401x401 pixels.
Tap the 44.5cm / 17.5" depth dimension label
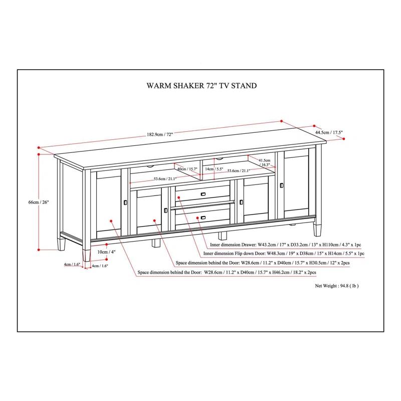pos(329,133)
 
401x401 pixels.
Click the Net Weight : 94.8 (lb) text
pos(336,286)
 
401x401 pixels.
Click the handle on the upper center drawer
pos(203,194)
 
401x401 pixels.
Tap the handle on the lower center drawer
pos(203,218)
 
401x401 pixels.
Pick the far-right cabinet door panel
pos(296,185)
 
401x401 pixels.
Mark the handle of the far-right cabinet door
pos(282,185)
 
